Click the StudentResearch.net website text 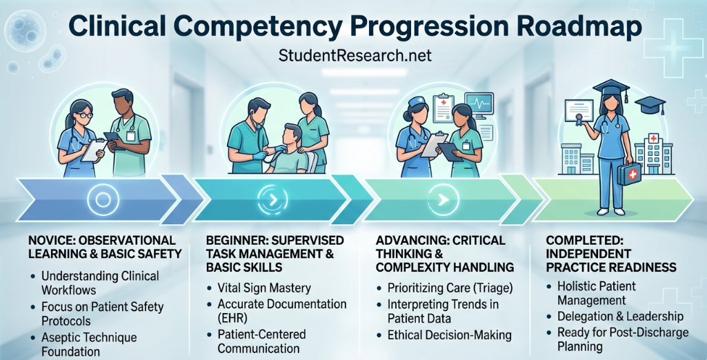[355, 55]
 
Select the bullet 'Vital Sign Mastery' [264, 288]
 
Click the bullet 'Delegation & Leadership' [620, 317]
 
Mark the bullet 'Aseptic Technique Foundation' [88, 344]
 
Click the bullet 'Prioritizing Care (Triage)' [449, 287]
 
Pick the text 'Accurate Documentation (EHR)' [281, 310]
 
